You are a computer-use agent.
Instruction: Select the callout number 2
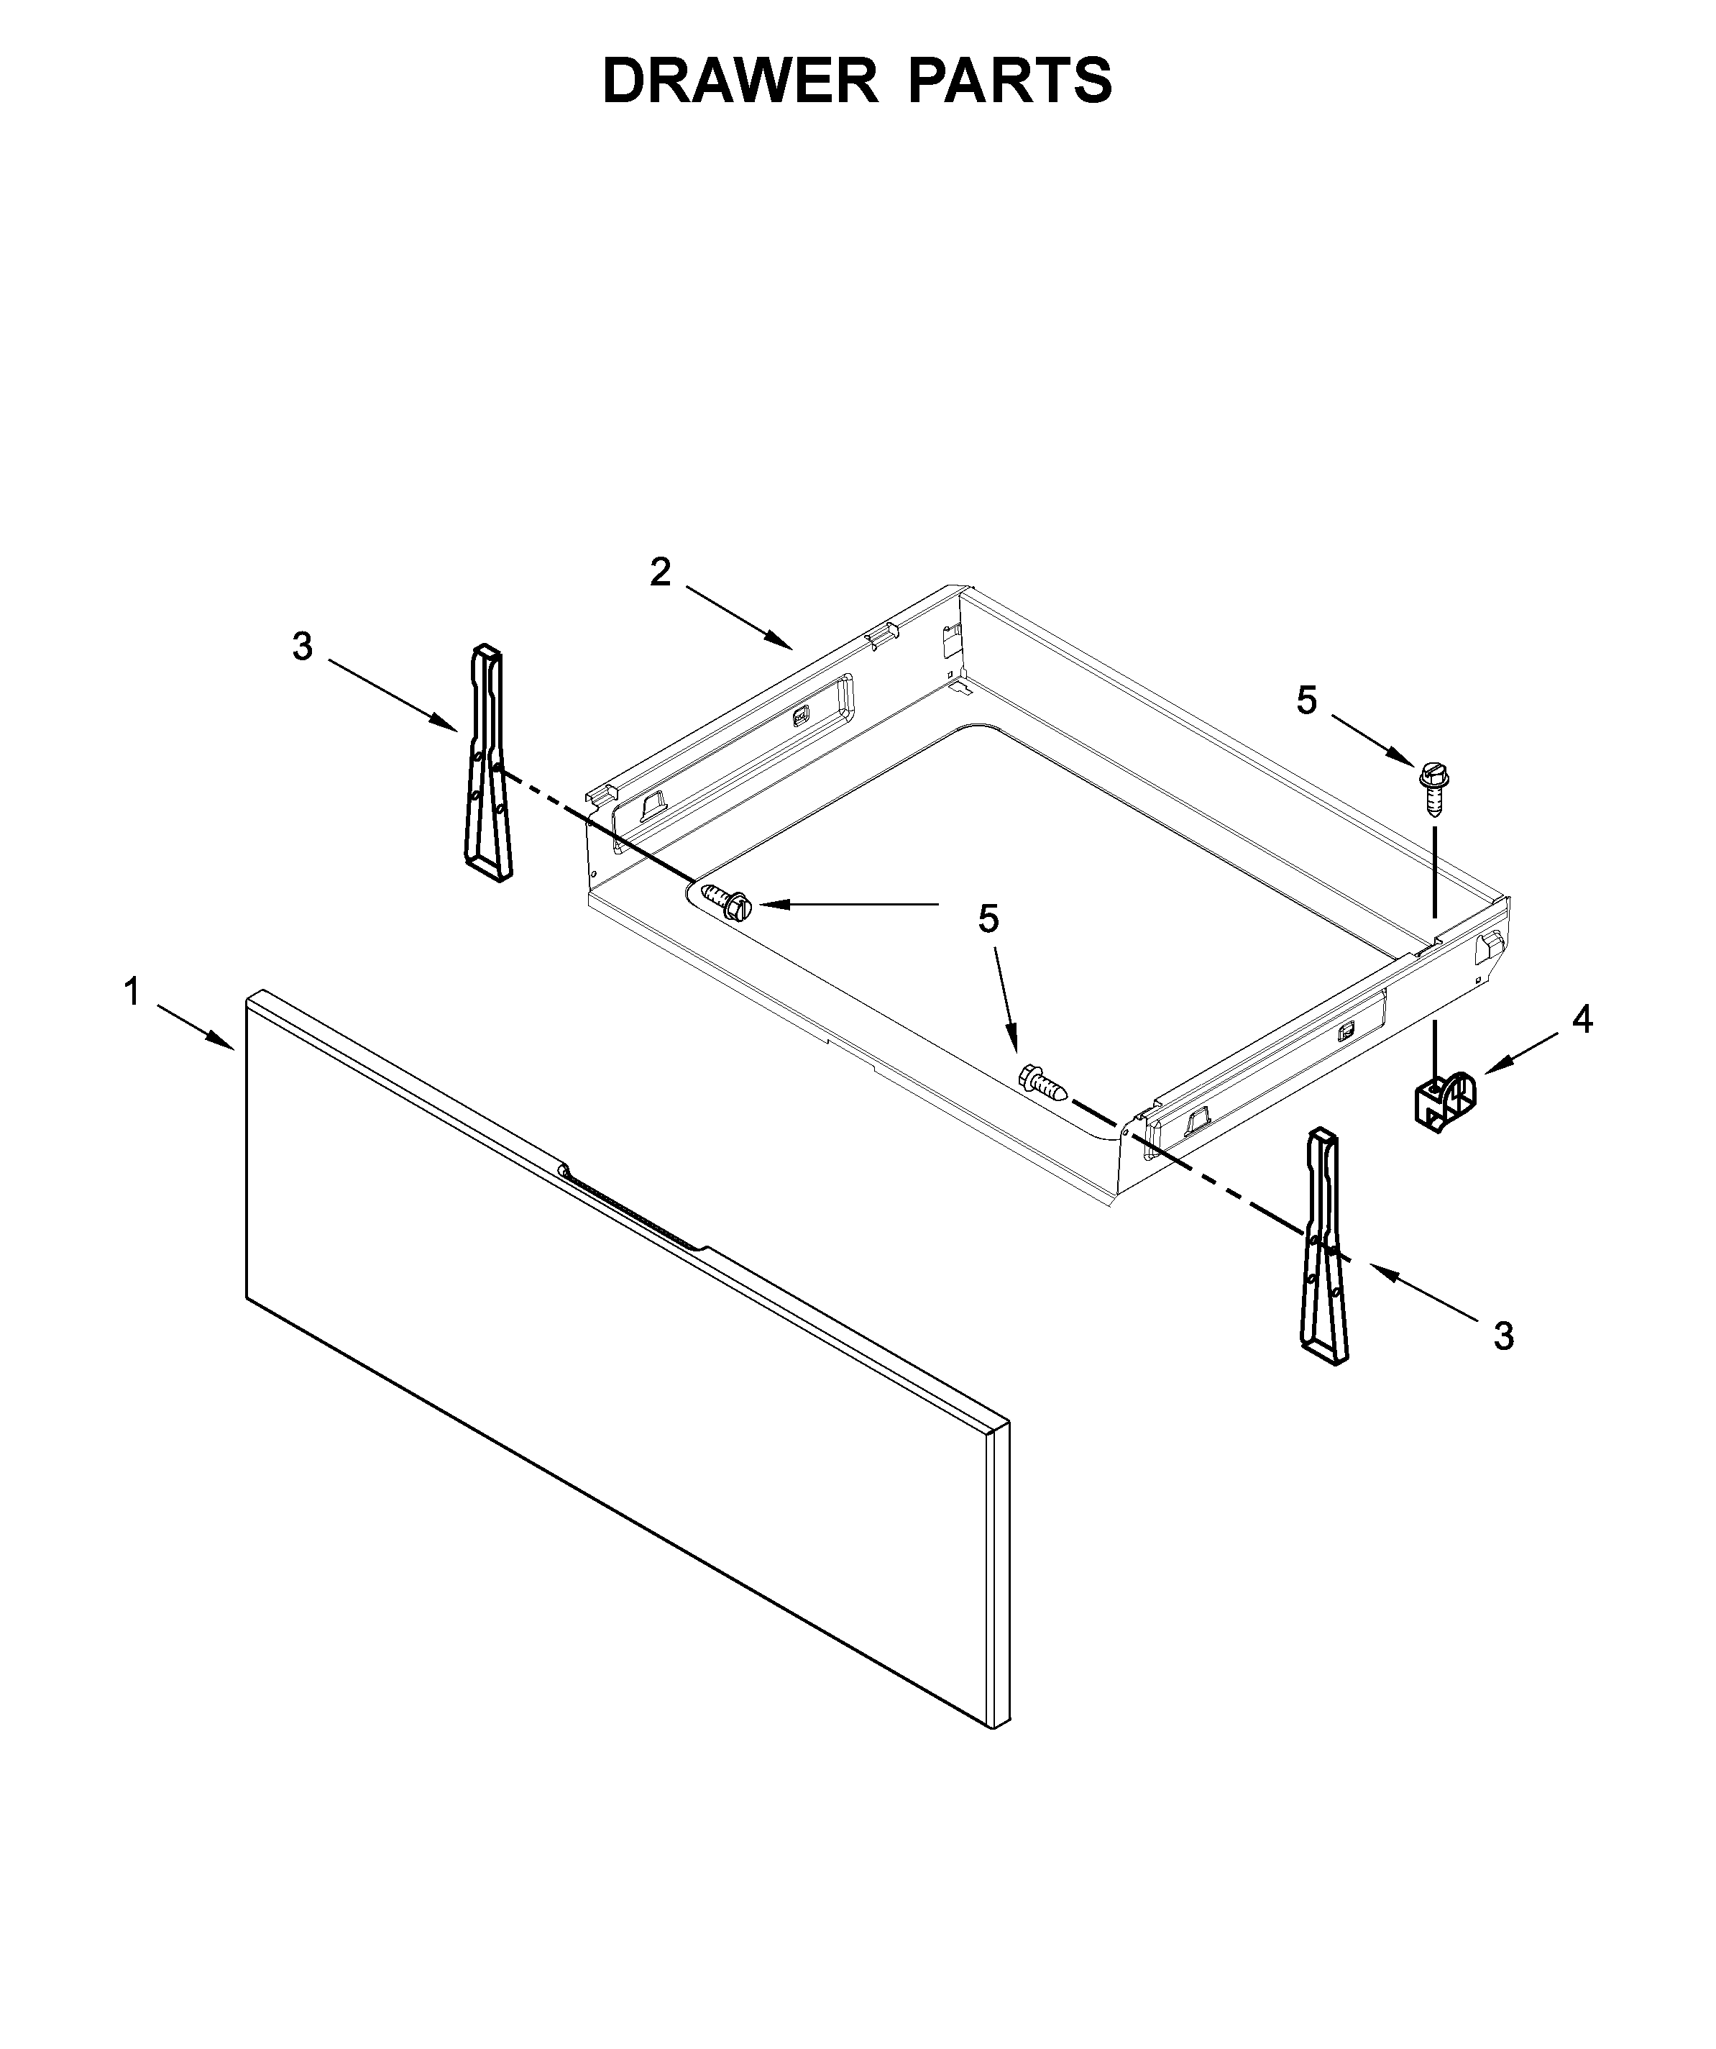click(661, 572)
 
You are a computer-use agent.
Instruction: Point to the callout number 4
click(1582, 1020)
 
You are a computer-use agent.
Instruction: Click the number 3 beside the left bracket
click(303, 646)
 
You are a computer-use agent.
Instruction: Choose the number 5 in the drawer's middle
click(988, 918)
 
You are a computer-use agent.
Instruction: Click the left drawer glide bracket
click(489, 764)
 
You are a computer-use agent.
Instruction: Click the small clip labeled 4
click(1444, 1102)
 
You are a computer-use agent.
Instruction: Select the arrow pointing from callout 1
click(195, 1028)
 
